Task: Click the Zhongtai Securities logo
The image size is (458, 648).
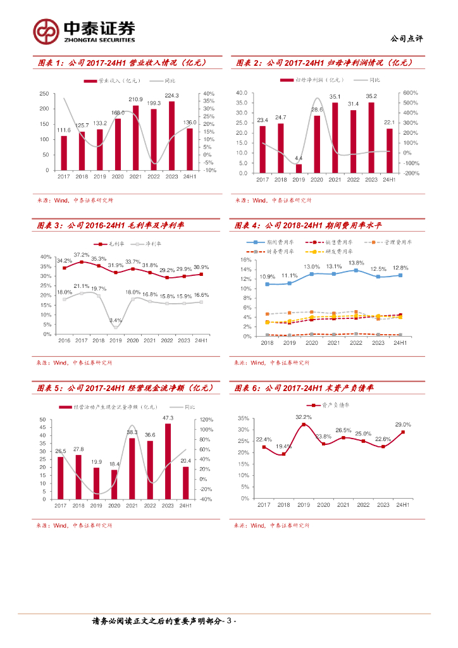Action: pyautogui.click(x=84, y=30)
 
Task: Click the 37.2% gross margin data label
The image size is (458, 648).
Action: pyautogui.click(x=82, y=254)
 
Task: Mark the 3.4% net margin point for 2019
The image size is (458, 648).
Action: pyautogui.click(x=116, y=327)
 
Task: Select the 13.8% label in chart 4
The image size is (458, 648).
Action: pyautogui.click(x=356, y=263)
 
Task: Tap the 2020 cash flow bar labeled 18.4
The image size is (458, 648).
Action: pyautogui.click(x=114, y=484)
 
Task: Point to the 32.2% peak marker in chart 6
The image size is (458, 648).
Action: pyautogui.click(x=304, y=425)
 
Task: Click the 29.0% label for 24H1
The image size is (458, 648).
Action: pyautogui.click(x=403, y=425)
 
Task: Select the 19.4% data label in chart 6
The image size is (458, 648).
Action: pyautogui.click(x=283, y=447)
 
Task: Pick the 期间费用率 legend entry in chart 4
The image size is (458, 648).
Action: pyautogui.click(x=278, y=242)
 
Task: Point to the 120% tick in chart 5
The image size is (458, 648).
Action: pyautogui.click(x=207, y=420)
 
